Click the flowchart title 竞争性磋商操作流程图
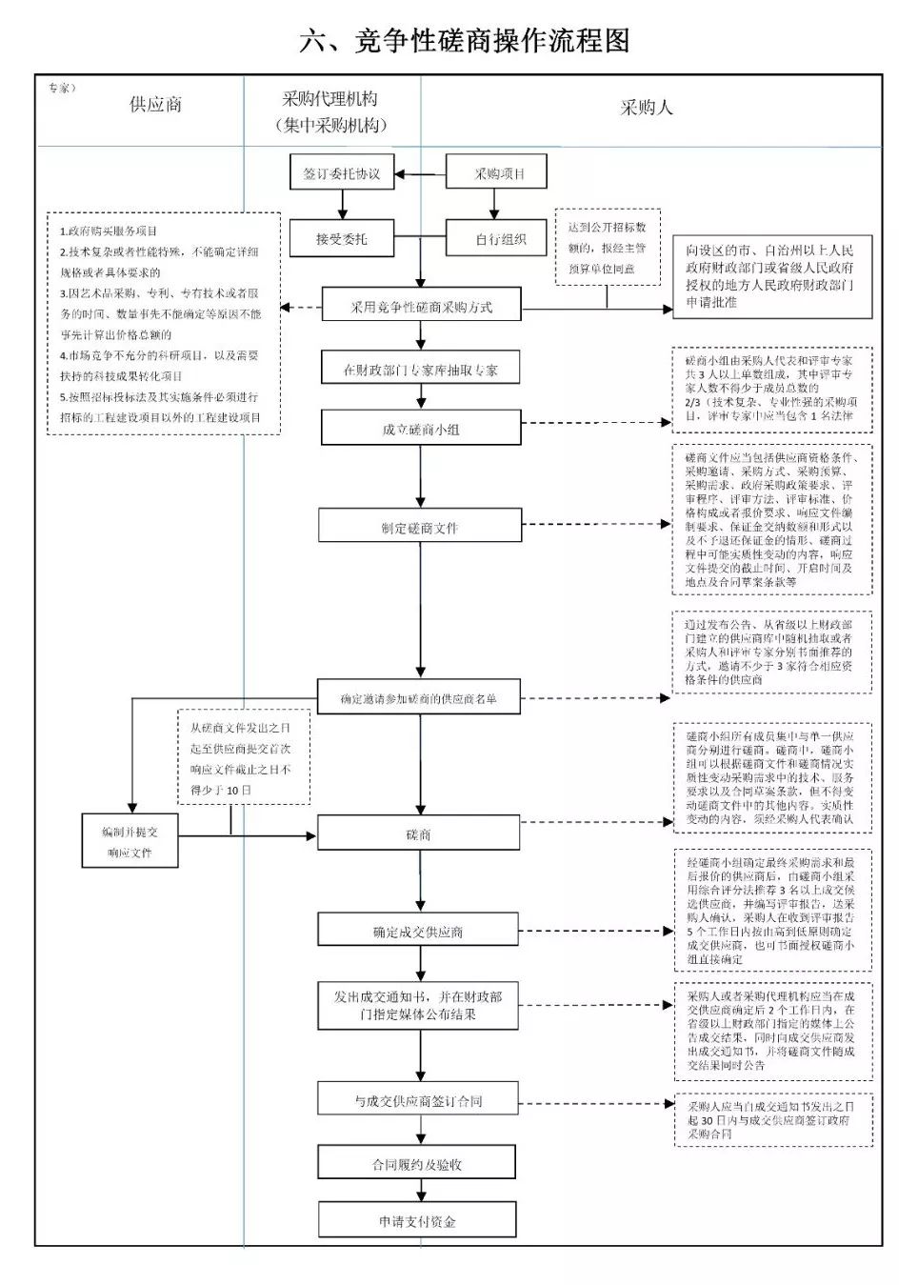click(464, 41)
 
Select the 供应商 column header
click(155, 105)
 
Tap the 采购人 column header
click(647, 108)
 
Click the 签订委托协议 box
click(342, 173)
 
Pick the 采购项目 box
click(498, 173)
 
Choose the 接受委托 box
click(342, 238)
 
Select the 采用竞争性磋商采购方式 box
click(421, 307)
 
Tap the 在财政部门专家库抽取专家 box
click(420, 370)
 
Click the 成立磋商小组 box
click(420, 429)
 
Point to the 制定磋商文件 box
click(420, 527)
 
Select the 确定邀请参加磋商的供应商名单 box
click(419, 698)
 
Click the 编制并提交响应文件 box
click(130, 842)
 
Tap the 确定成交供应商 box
click(418, 931)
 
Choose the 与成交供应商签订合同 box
click(418, 1100)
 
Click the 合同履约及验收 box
click(417, 1164)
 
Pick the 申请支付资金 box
click(417, 1220)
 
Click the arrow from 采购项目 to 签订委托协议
click(420, 174)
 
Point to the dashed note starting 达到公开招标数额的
click(608, 248)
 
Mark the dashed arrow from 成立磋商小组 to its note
click(596, 422)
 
